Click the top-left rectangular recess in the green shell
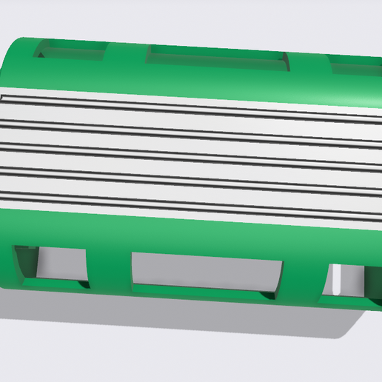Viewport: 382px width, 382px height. click(x=70, y=50)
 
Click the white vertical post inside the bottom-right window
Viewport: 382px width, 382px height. click(x=337, y=281)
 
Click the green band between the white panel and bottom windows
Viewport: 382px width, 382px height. click(x=185, y=233)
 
